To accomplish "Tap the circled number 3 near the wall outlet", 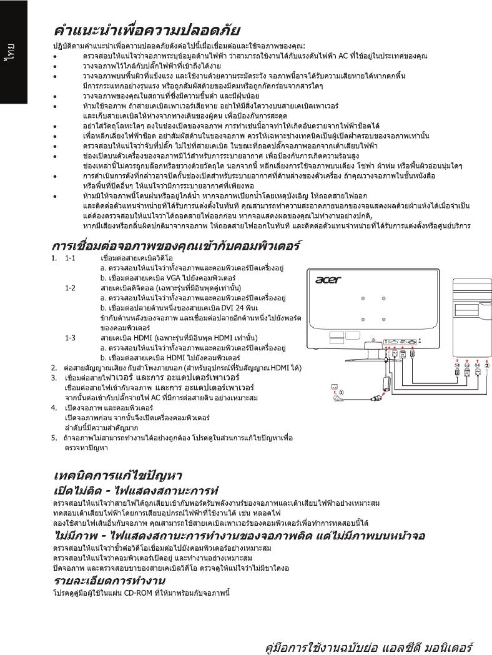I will (340, 392).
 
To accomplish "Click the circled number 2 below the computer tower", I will (488, 365).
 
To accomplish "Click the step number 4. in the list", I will (54, 408).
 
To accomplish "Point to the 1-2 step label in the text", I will (70, 287).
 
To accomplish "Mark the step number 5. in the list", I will (54, 438).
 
